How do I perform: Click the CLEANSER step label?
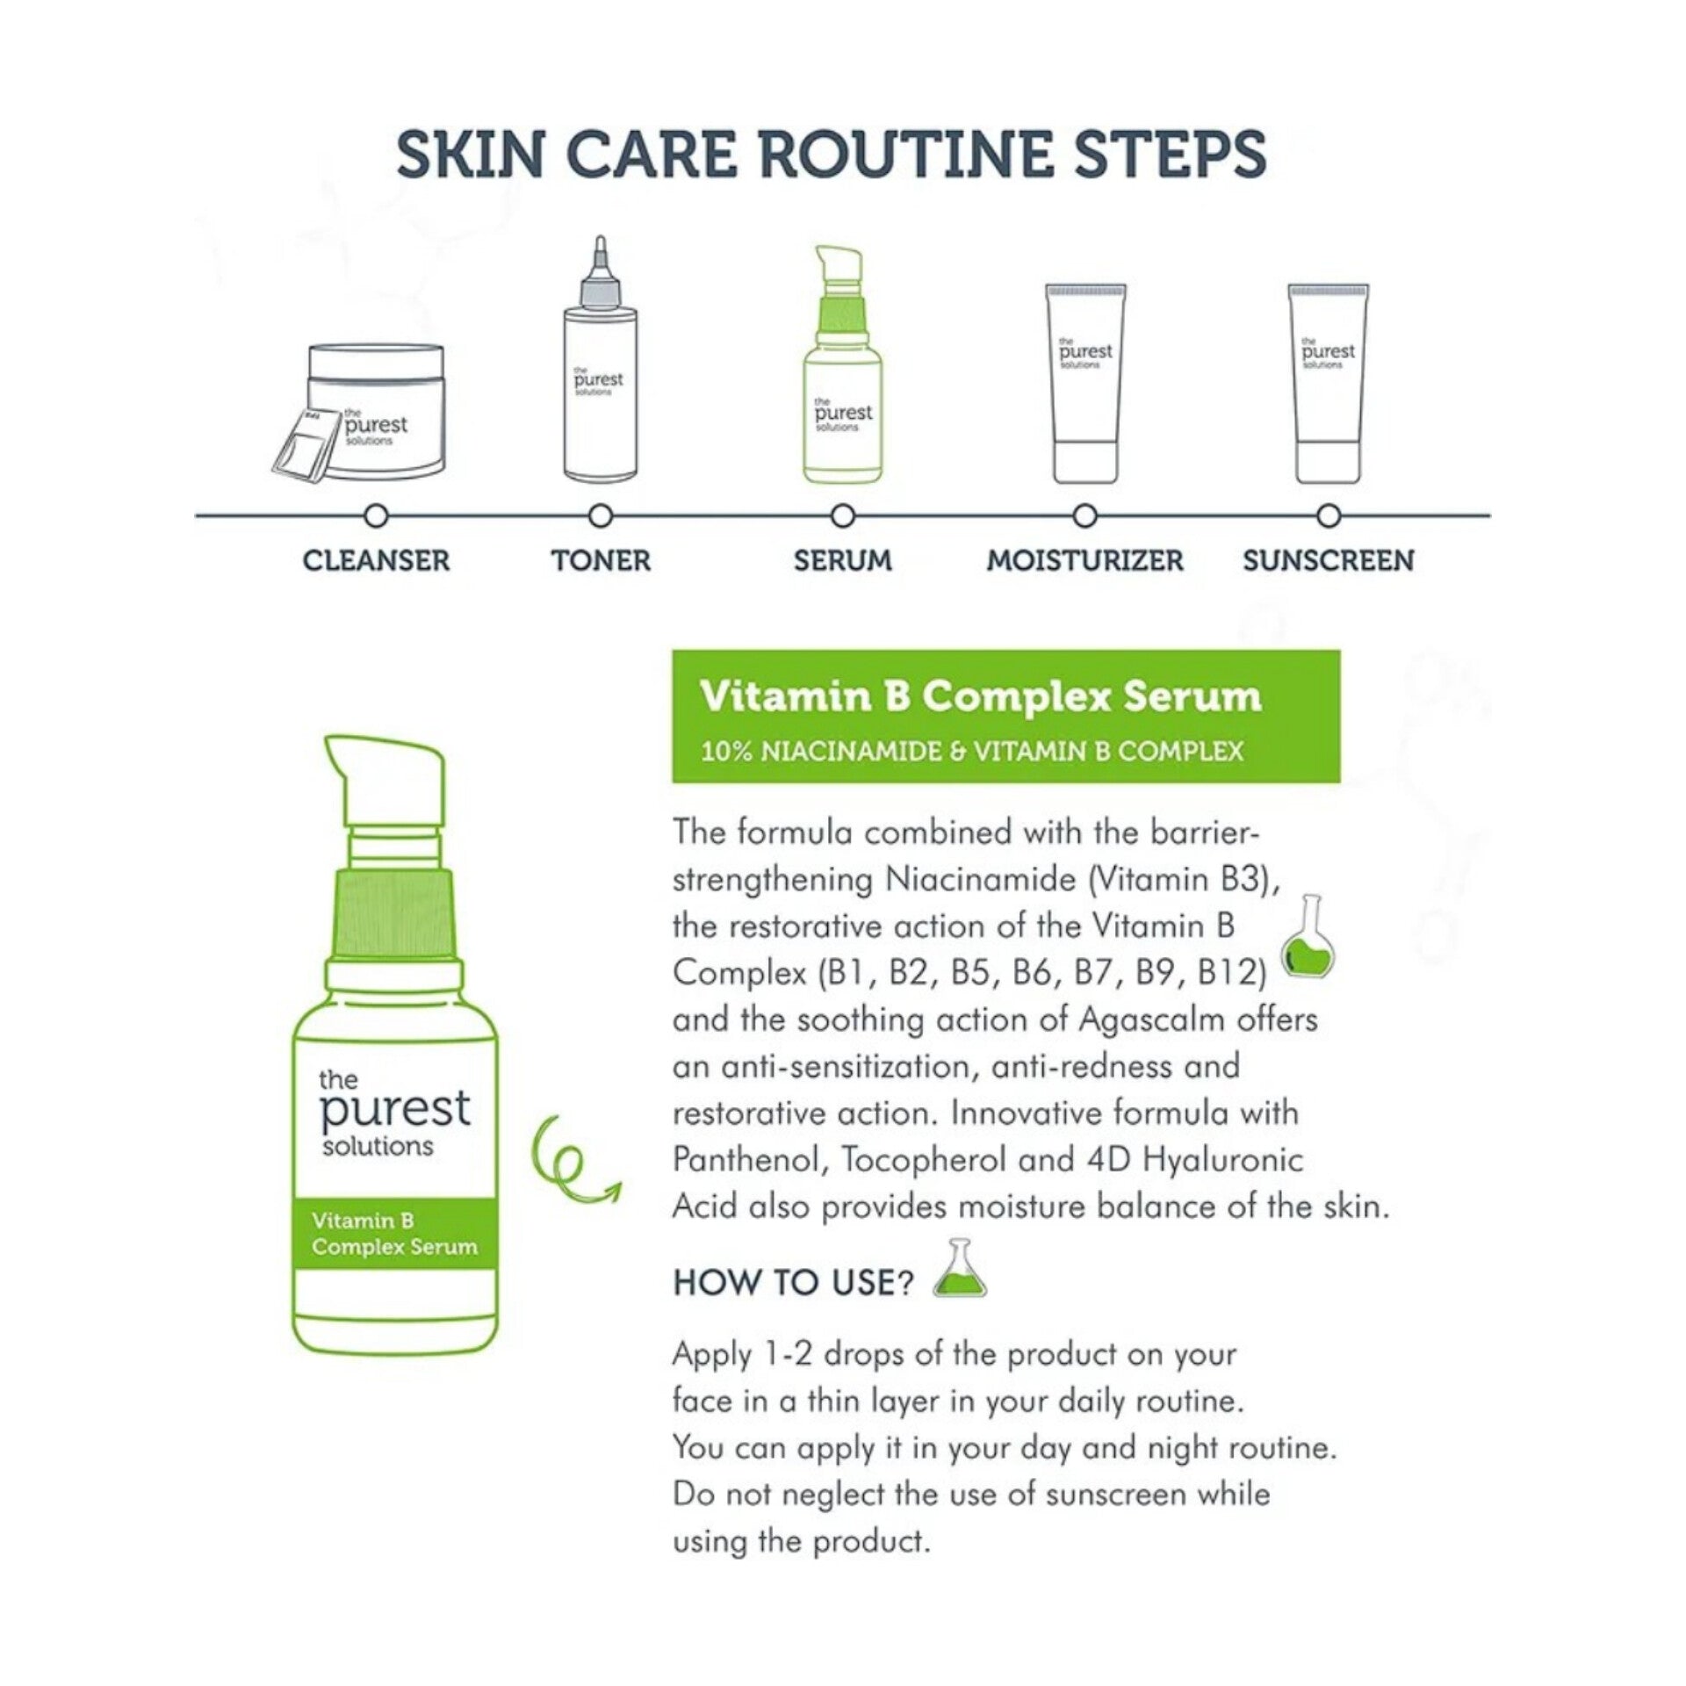tap(376, 560)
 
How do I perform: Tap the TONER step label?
tap(602, 560)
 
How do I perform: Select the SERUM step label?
tap(843, 560)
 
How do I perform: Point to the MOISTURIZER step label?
tap(1085, 560)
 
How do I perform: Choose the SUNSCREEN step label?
tap(1329, 560)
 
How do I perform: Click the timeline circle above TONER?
tap(601, 515)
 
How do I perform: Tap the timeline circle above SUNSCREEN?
tap(1329, 515)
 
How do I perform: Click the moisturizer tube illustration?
tap(1085, 383)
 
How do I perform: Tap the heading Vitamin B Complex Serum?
tap(981, 697)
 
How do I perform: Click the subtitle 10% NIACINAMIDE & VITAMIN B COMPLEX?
tap(972, 751)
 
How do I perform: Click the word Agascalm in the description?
tap(1151, 1020)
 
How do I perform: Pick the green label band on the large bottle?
tap(395, 1233)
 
